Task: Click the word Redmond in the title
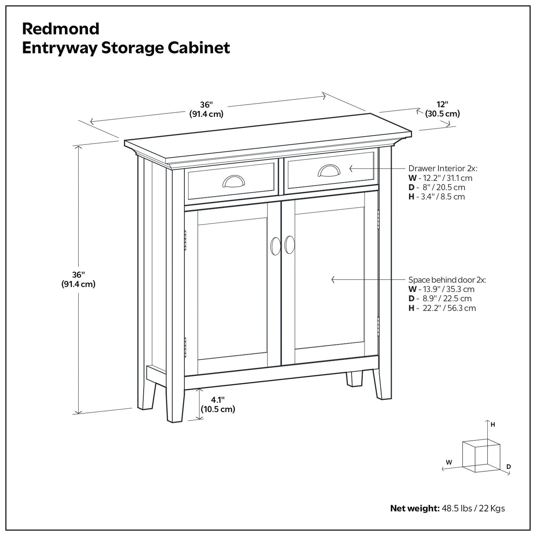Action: pyautogui.click(x=61, y=29)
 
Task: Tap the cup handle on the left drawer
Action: pyautogui.click(x=231, y=181)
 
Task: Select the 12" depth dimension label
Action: pyautogui.click(x=442, y=109)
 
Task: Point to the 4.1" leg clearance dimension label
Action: pyautogui.click(x=218, y=404)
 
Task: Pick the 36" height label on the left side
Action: pyautogui.click(x=79, y=279)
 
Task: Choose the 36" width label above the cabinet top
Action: pyautogui.click(x=206, y=109)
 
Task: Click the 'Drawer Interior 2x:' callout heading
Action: pyautogui.click(x=443, y=168)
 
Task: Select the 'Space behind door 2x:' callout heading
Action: pyautogui.click(x=447, y=280)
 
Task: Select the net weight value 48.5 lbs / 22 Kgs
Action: pyautogui.click(x=473, y=508)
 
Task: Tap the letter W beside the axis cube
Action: pyautogui.click(x=449, y=462)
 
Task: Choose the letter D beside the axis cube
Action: pyautogui.click(x=509, y=466)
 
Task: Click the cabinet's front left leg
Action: pyautogui.click(x=175, y=404)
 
